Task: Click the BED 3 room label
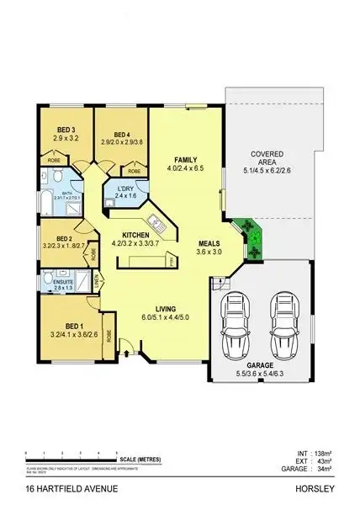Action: pyautogui.click(x=66, y=130)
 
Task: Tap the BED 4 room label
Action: pyautogui.click(x=121, y=135)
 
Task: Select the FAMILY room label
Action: pyautogui.click(x=185, y=160)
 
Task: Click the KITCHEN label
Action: pyautogui.click(x=135, y=234)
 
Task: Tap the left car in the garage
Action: pyautogui.click(x=234, y=320)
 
